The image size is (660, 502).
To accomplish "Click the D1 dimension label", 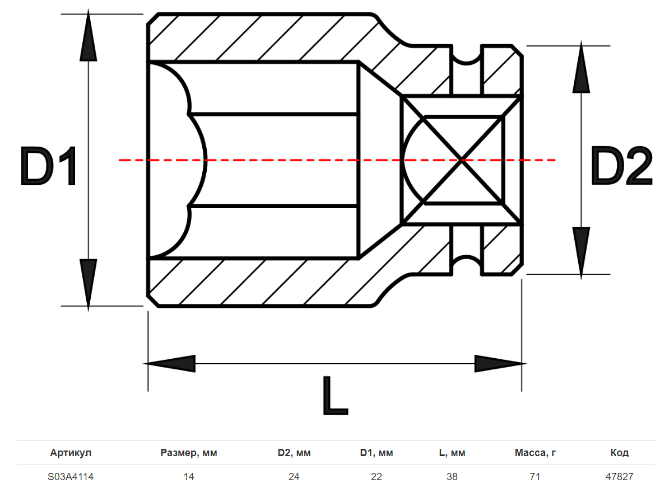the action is coord(48,166).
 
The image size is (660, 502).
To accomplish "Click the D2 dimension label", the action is coord(621,166).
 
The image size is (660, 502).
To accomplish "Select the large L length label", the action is coord(335,395).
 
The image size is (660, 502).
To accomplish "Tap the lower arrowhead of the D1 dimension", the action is coord(89,283).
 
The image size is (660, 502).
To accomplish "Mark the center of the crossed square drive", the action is coord(462,159).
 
